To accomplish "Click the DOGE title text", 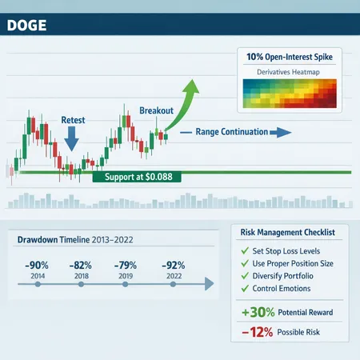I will [x=26, y=25].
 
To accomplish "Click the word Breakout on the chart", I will [x=157, y=110].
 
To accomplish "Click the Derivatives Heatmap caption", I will [x=290, y=74].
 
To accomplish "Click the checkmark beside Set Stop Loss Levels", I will [x=245, y=251].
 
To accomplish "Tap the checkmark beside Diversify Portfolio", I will [x=245, y=277].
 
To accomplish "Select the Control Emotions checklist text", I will [x=290, y=290].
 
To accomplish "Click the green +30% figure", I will [x=258, y=312].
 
